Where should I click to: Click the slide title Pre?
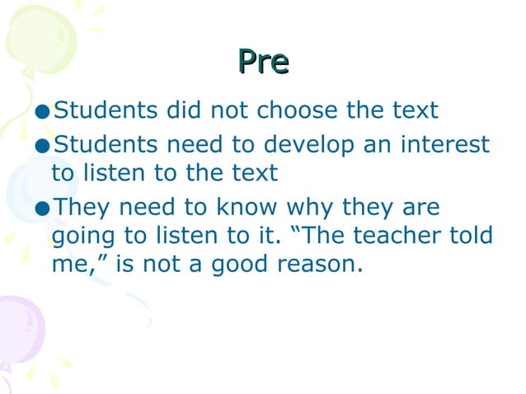click(x=263, y=62)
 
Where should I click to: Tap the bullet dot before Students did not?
click(x=44, y=110)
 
